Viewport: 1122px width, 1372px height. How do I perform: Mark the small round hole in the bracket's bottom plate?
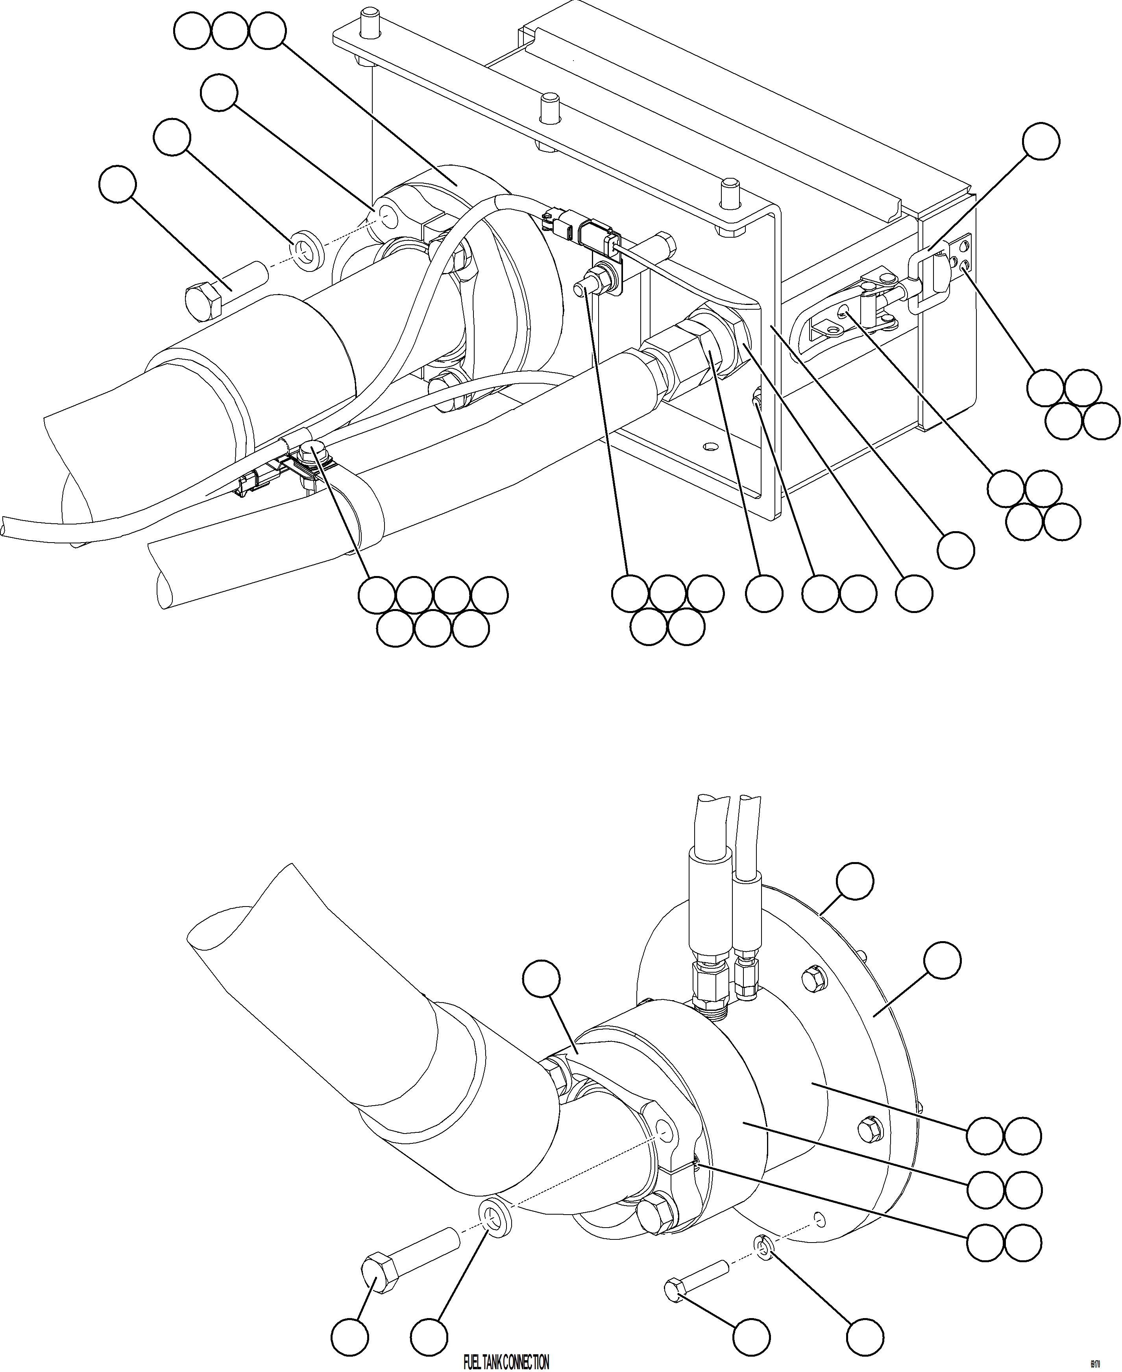click(x=711, y=447)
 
